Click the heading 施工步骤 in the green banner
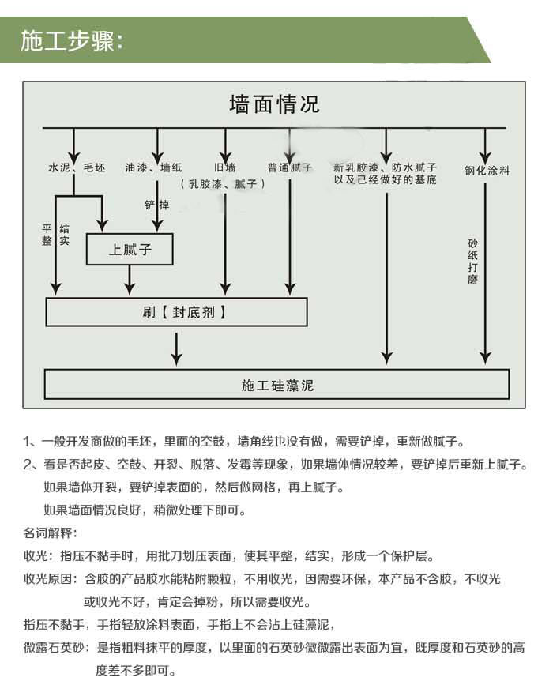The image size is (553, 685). click(x=68, y=40)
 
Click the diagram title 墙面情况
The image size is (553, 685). click(x=274, y=104)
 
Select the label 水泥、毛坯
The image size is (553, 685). click(x=77, y=167)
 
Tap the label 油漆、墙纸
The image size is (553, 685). click(x=153, y=167)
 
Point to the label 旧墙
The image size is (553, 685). click(x=224, y=167)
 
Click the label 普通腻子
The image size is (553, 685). click(x=290, y=167)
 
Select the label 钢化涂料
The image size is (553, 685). click(x=487, y=170)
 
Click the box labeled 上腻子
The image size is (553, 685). click(x=130, y=250)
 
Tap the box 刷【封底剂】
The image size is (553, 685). click(x=176, y=312)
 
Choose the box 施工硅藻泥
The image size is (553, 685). click(x=277, y=385)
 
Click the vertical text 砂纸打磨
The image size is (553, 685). click(x=472, y=262)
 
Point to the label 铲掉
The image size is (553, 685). click(x=156, y=205)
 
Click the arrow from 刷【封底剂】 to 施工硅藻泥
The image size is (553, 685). click(x=176, y=349)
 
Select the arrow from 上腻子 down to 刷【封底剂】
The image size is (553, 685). click(x=130, y=280)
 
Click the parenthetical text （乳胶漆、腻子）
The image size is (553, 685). click(x=222, y=184)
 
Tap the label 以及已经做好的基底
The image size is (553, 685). click(x=385, y=179)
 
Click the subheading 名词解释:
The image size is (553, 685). click(x=51, y=533)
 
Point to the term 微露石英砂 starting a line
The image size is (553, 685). click(x=55, y=647)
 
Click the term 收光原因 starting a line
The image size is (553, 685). click(x=48, y=579)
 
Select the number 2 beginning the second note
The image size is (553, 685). click(x=28, y=465)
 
